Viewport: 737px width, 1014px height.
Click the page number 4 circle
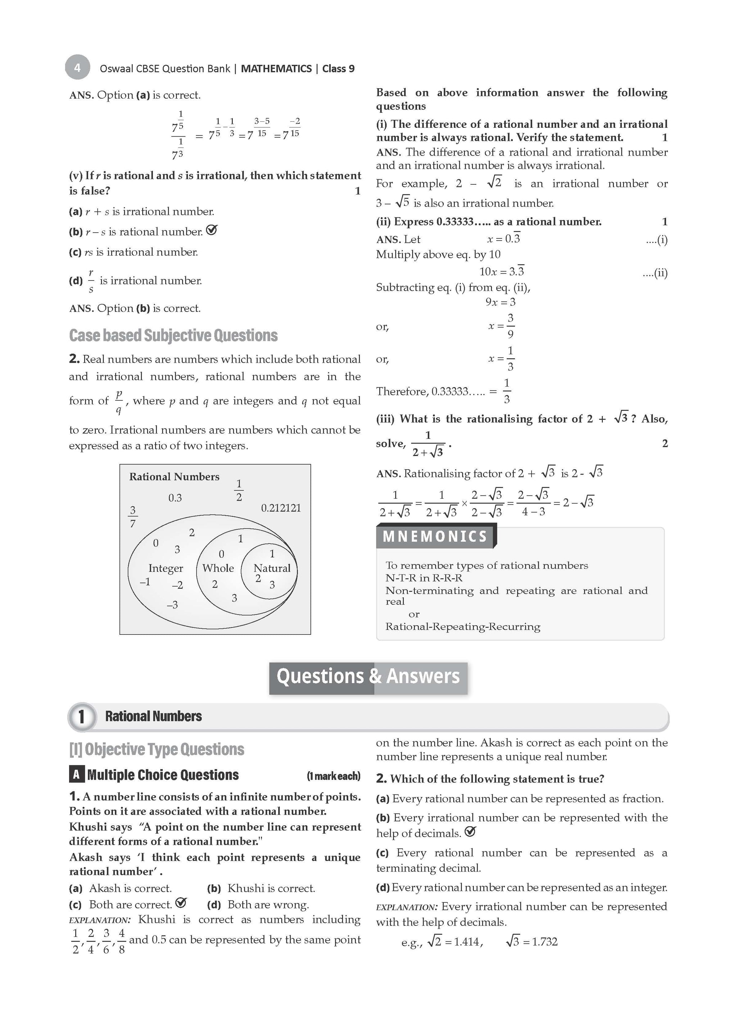point(77,67)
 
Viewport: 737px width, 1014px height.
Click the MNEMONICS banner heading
point(435,537)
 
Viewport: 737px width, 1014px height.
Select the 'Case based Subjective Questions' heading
point(173,335)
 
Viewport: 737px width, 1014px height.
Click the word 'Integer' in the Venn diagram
point(166,568)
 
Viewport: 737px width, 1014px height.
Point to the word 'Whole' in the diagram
point(218,568)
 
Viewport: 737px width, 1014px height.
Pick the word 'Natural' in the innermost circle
point(272,568)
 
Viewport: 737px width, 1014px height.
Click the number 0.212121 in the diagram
point(281,508)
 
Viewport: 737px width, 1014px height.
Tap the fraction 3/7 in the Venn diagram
point(133,516)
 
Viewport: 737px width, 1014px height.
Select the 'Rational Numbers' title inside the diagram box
point(174,477)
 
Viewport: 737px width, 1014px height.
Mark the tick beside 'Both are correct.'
point(181,903)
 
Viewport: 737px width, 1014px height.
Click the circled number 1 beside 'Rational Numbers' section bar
point(81,717)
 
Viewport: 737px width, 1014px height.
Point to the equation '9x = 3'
point(500,302)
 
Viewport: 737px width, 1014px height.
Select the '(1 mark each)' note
point(334,776)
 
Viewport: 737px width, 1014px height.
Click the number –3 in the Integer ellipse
point(172,605)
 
